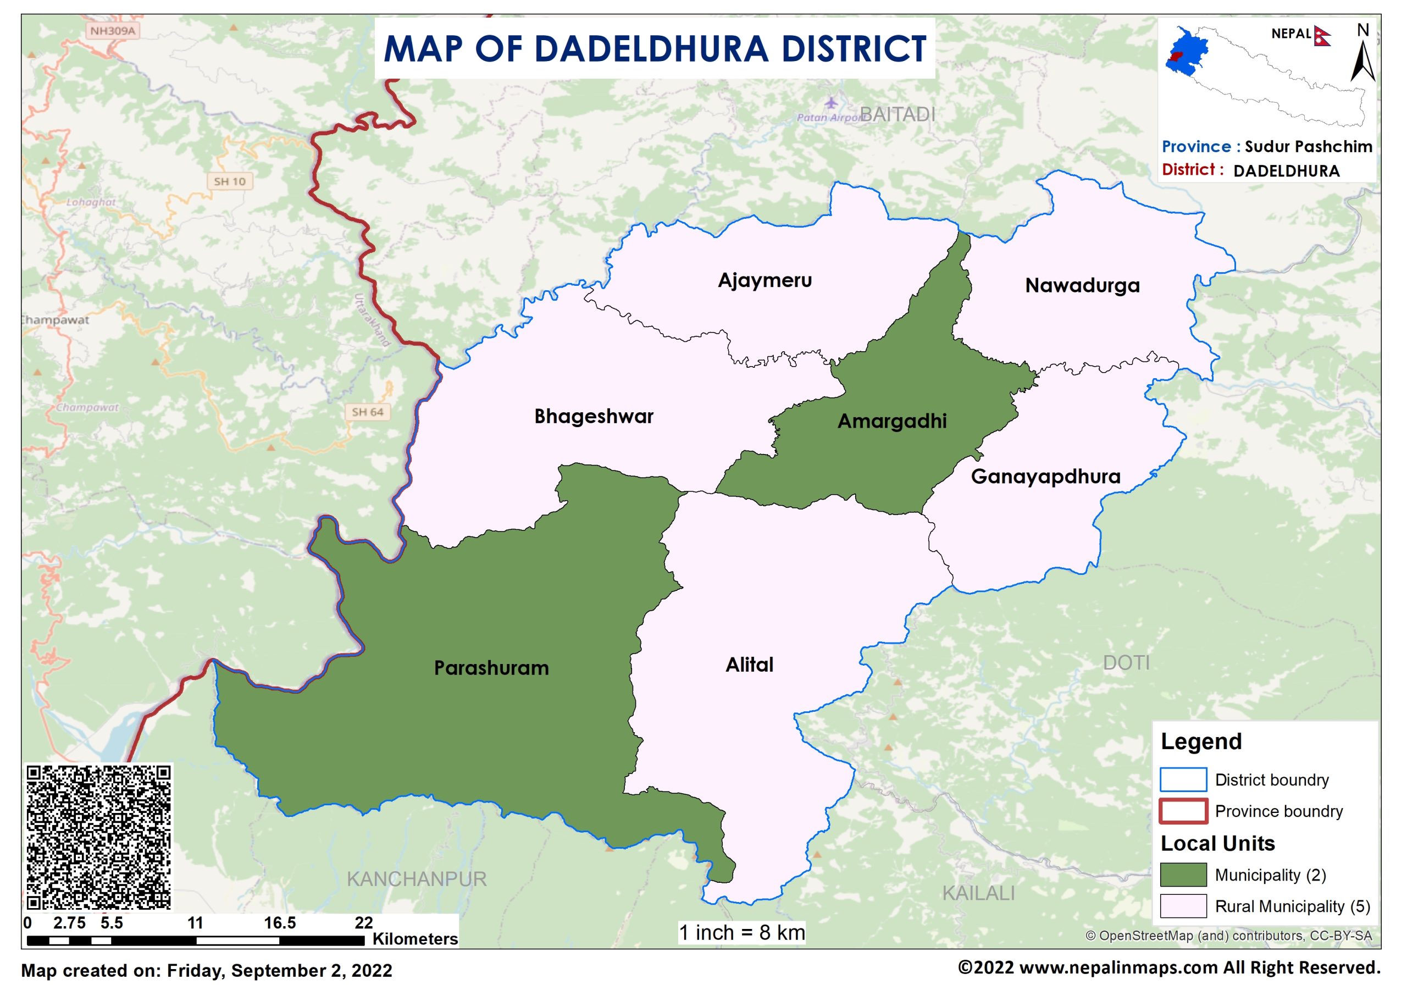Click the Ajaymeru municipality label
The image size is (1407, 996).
coord(765,280)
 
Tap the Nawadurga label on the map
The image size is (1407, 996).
coord(1082,285)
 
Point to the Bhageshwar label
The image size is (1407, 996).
coord(594,417)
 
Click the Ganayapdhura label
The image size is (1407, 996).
coord(1045,477)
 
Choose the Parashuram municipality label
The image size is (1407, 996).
coord(491,668)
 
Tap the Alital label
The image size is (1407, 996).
coord(749,665)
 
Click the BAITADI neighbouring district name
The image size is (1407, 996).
coord(898,115)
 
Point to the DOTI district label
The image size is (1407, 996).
coord(1126,662)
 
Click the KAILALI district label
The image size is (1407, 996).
coord(978,893)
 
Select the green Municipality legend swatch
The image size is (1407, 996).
coord(1183,875)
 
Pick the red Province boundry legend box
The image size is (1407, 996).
coord(1183,811)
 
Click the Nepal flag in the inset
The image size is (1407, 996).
coord(1322,36)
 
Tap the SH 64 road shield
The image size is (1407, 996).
coord(367,412)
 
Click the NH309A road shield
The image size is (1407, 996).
coord(112,31)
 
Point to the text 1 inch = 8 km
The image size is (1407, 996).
coord(741,933)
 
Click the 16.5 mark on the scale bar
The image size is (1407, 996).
coord(280,923)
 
